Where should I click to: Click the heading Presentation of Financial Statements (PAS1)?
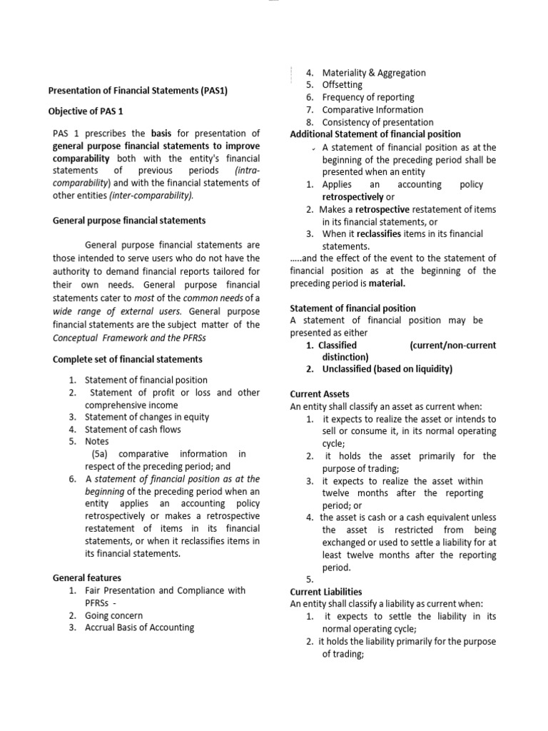[137, 91]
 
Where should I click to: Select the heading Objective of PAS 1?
[90, 111]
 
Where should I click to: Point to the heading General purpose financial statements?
[129, 221]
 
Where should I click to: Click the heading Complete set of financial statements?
[128, 359]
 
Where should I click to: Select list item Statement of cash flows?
[133, 429]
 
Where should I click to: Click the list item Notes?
[96, 441]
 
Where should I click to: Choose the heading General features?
[87, 578]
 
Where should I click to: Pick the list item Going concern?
[113, 615]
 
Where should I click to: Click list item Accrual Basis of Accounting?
[139, 627]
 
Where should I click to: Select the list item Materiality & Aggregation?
[373, 73]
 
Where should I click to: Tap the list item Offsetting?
[342, 85]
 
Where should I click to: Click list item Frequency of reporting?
[367, 97]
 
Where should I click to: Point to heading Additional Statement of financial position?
[375, 134]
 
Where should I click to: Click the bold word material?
[387, 283]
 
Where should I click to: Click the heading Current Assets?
[319, 394]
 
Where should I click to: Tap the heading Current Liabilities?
[326, 592]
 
